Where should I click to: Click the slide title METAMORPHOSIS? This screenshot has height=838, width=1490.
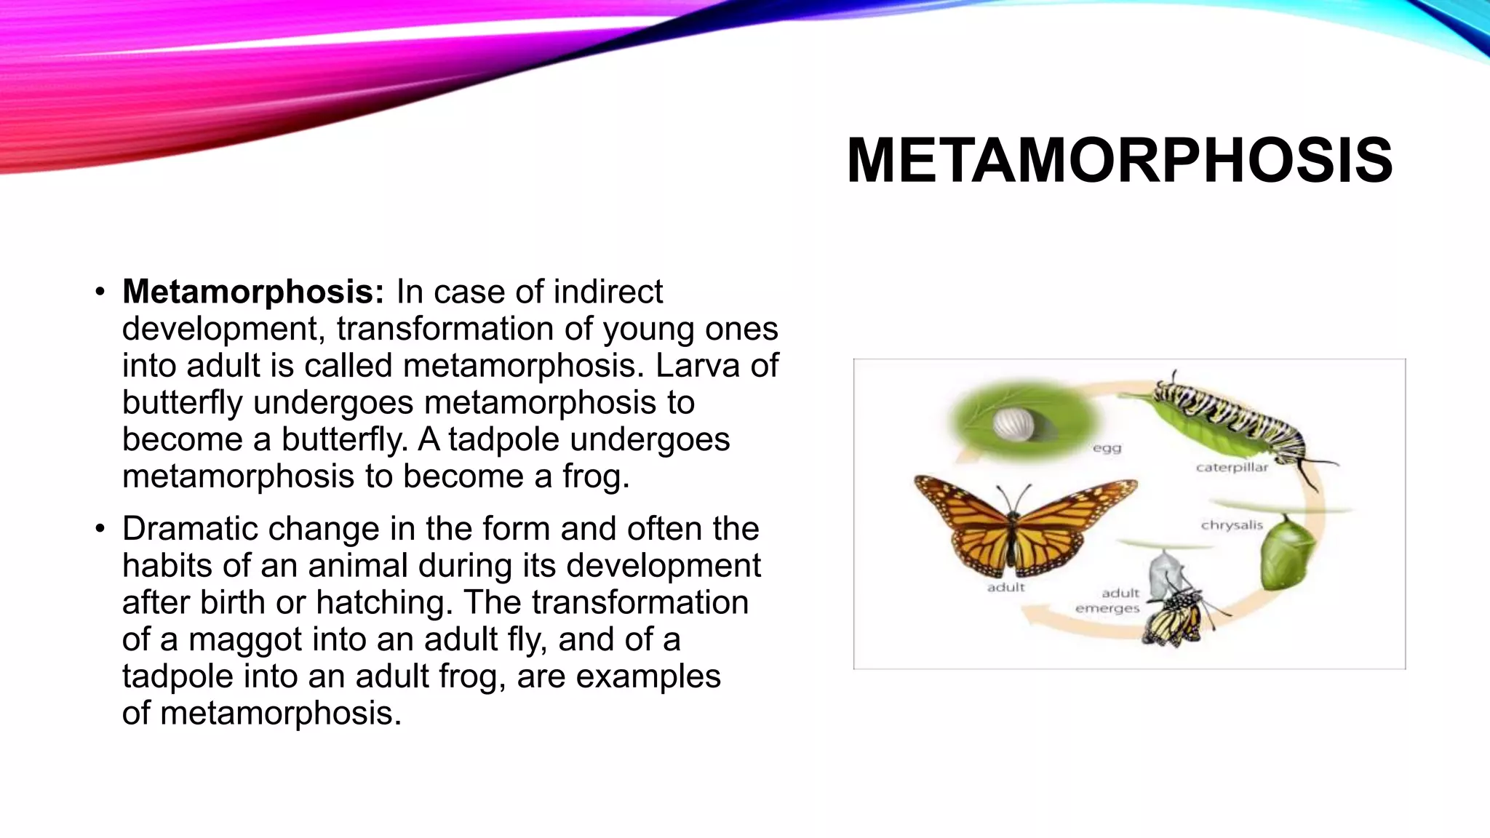(x=1119, y=160)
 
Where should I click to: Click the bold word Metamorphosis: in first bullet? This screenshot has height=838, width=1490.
(x=252, y=292)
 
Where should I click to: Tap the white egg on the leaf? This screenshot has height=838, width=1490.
(x=1010, y=424)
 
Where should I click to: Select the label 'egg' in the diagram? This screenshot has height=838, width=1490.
(x=1107, y=448)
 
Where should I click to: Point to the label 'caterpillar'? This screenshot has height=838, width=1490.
(x=1231, y=467)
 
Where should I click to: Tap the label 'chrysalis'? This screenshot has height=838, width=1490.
(x=1231, y=524)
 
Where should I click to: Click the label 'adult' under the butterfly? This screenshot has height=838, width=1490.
(x=1005, y=587)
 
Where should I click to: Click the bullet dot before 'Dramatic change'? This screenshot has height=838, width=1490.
(x=100, y=529)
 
